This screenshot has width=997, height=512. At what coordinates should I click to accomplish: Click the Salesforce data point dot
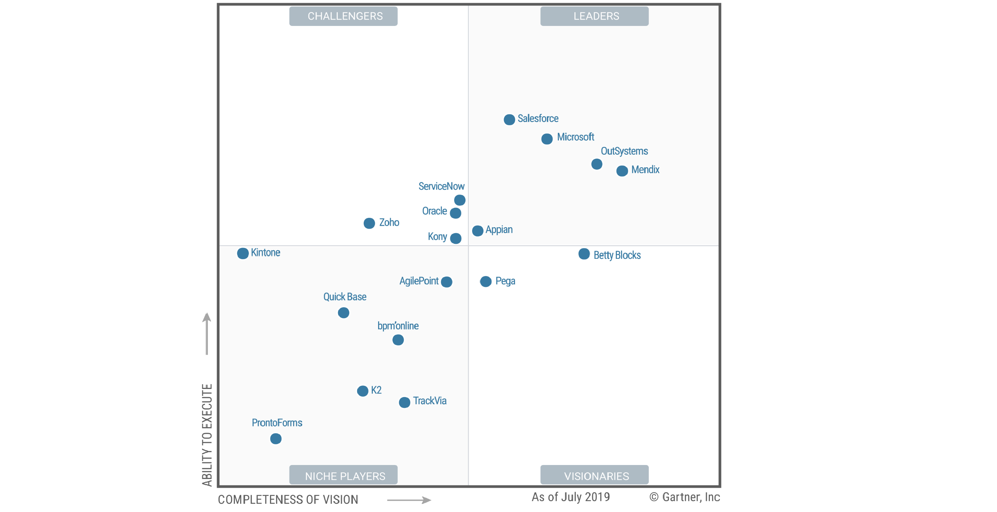point(509,120)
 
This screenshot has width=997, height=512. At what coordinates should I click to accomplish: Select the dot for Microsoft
point(547,139)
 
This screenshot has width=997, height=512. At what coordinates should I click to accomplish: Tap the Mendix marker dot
point(622,170)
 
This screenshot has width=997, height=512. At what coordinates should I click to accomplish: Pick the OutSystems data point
point(596,164)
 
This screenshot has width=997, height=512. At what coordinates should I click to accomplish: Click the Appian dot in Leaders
point(477,231)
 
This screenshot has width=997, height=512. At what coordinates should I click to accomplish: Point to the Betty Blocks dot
point(584,254)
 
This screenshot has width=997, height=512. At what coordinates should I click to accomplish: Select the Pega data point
point(486,282)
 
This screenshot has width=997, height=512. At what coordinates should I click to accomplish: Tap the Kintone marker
point(243,253)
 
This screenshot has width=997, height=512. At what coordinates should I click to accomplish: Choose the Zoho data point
point(369,223)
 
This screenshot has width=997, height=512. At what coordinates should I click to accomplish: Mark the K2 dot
point(362,391)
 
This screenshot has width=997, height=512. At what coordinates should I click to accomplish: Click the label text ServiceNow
point(441,187)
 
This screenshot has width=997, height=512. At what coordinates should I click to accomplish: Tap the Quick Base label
point(345,297)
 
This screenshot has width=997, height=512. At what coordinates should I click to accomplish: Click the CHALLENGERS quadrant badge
point(343,16)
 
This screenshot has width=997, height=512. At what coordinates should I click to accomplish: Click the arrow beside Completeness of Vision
point(409,500)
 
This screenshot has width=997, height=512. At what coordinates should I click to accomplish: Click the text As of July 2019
point(570,497)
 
